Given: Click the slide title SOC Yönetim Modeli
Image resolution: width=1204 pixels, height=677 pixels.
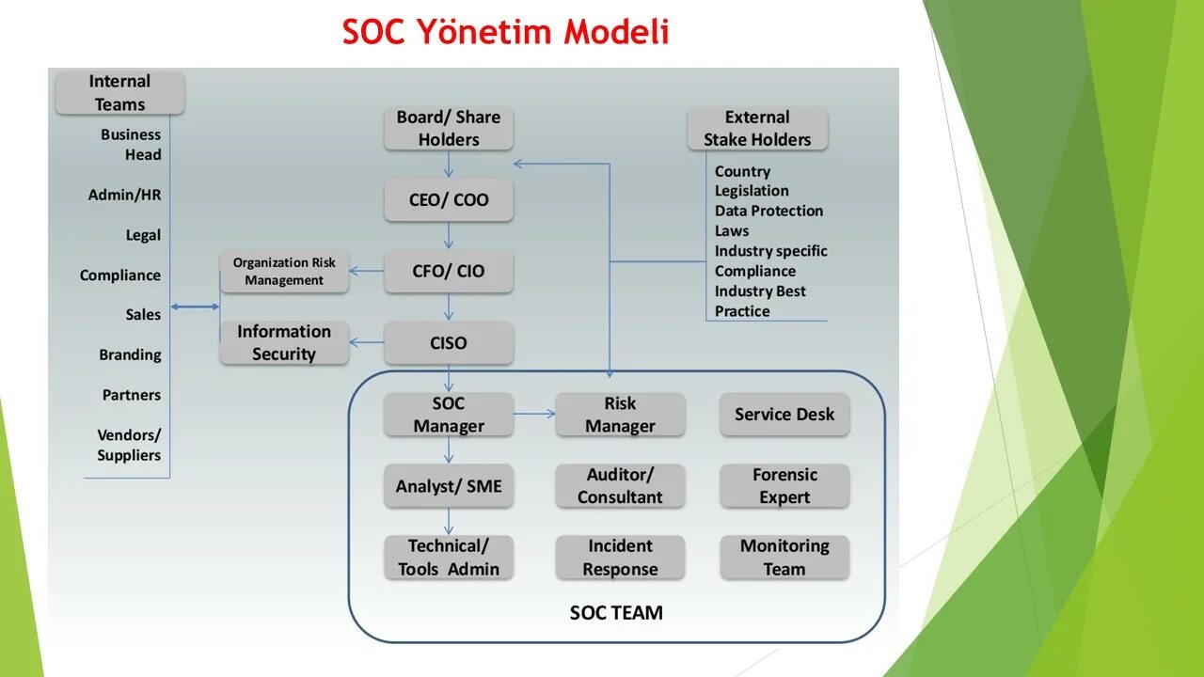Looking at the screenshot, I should coord(505,32).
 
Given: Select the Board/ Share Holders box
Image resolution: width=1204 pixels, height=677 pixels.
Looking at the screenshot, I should coord(449,129).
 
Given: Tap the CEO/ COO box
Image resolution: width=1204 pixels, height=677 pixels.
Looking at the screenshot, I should coord(449,200).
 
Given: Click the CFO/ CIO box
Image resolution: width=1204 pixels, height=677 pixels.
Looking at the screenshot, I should coord(449,272).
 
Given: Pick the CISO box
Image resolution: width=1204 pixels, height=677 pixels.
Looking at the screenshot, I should coord(449,343).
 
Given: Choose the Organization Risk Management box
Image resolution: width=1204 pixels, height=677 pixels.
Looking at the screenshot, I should coord(284,272).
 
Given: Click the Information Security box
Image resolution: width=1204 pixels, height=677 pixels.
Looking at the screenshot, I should coord(284,343).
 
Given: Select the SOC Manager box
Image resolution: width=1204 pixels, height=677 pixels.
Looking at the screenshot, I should coord(449,415).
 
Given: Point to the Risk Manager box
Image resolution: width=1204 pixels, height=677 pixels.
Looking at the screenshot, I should coord(620,415).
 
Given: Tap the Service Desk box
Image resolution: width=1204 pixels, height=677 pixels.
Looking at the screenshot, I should coord(784,415).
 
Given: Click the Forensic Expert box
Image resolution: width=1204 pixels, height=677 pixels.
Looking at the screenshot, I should coord(784,486).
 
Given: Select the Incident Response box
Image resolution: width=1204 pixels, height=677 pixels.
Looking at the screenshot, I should coord(620,558).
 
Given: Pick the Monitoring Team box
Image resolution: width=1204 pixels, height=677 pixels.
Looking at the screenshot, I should coord(784,558).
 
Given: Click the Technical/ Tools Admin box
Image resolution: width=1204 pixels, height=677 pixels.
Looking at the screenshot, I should coord(449,558).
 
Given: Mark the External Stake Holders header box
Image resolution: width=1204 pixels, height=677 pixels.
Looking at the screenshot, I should coord(757,129).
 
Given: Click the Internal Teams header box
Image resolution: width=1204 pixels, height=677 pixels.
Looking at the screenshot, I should coord(119,93).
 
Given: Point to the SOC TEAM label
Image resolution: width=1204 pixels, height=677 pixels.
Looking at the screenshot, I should coord(616,613).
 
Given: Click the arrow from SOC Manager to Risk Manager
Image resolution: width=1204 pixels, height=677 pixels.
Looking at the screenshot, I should coord(534,414).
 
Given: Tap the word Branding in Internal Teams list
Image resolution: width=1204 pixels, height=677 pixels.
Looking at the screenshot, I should coord(130,355).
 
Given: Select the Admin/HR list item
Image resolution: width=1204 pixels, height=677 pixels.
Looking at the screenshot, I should coord(124,196).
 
